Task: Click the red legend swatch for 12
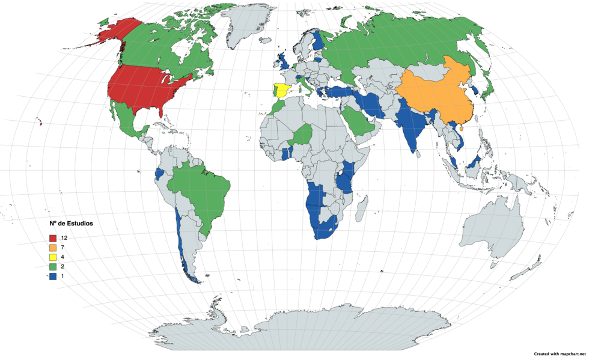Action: click(x=53, y=239)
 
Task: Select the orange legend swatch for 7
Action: click(x=53, y=248)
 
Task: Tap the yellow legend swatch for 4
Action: click(x=53, y=258)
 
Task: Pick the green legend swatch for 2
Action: click(x=53, y=267)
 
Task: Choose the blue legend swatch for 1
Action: click(x=53, y=277)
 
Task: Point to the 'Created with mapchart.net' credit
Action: click(x=559, y=354)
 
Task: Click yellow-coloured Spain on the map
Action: click(x=282, y=92)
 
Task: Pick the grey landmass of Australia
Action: click(x=490, y=225)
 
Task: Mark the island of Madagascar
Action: click(x=362, y=210)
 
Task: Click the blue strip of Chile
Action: click(x=180, y=240)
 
